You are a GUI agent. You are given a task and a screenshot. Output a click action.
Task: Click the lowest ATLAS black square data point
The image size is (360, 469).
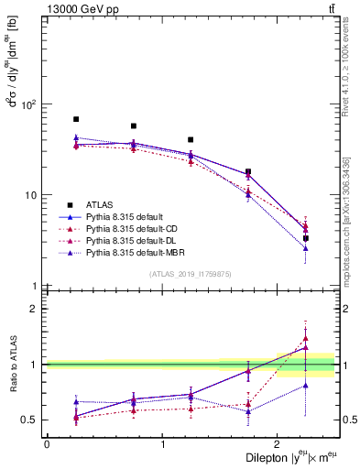point(305,238)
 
